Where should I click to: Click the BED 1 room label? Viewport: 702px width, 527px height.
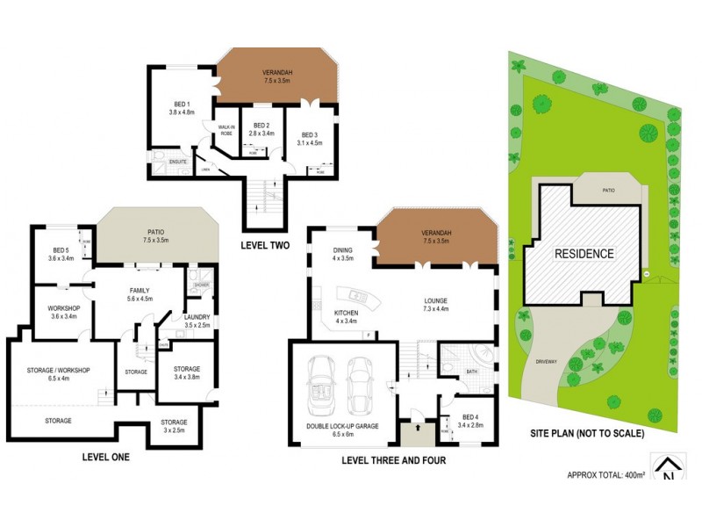pos(179,108)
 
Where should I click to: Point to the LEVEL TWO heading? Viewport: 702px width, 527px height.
pos(267,247)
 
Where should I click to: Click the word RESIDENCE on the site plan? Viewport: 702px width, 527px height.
pos(584,254)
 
